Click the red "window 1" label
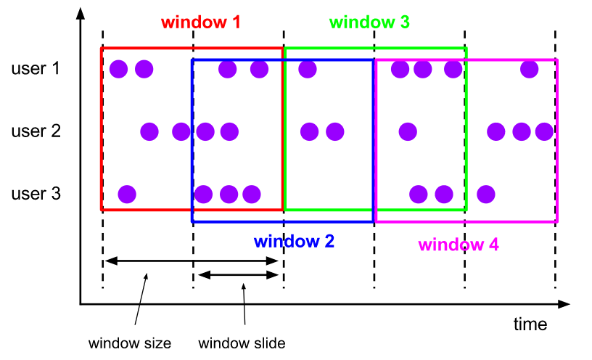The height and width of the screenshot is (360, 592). click(201, 22)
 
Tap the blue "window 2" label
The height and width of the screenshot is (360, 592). click(294, 242)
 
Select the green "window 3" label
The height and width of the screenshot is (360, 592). click(369, 22)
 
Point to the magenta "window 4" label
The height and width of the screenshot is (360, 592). click(459, 244)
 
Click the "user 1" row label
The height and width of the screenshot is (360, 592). click(36, 70)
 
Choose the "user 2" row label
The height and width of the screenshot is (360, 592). click(36, 132)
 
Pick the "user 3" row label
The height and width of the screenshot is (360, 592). click(36, 195)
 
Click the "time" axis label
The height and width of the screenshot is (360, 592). click(530, 324)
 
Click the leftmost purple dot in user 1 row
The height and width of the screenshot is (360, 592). click(119, 70)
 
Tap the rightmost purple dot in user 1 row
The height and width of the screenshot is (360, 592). click(529, 70)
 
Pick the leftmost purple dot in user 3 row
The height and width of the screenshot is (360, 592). click(127, 195)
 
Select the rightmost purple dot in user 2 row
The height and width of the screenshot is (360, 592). click(543, 132)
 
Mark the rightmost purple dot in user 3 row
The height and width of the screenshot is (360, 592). click(486, 195)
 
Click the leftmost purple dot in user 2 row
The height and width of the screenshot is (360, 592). click(149, 132)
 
